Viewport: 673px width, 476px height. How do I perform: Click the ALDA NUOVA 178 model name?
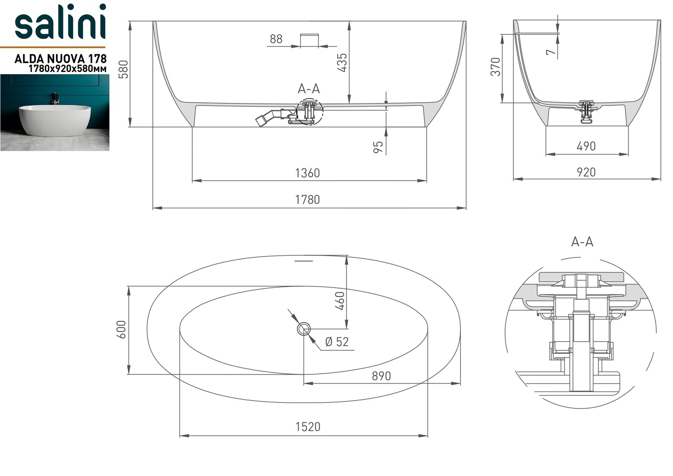click(x=61, y=59)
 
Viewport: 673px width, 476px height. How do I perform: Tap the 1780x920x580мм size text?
click(x=67, y=69)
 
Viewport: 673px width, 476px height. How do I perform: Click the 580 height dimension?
click(x=123, y=69)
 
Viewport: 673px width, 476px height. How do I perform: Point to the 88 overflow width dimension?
click(x=276, y=39)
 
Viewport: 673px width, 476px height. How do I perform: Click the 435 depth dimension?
click(x=342, y=62)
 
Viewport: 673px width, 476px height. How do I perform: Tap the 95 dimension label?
click(x=378, y=147)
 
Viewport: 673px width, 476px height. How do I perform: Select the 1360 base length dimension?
click(x=307, y=173)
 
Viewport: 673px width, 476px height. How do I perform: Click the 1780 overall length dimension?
click(x=307, y=200)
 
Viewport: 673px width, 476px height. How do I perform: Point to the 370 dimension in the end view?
click(x=496, y=67)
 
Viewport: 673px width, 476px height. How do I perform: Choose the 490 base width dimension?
click(x=586, y=146)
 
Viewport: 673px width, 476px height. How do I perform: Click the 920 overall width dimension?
click(x=586, y=172)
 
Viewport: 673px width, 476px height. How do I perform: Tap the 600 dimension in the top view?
click(x=121, y=329)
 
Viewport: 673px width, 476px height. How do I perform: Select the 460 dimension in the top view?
click(x=340, y=300)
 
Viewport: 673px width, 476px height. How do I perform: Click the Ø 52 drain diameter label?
click(x=337, y=342)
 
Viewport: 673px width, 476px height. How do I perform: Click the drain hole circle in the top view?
click(x=304, y=329)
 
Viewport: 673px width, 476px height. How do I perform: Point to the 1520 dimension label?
click(x=307, y=427)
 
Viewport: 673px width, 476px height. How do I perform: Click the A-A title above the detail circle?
click(x=582, y=242)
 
